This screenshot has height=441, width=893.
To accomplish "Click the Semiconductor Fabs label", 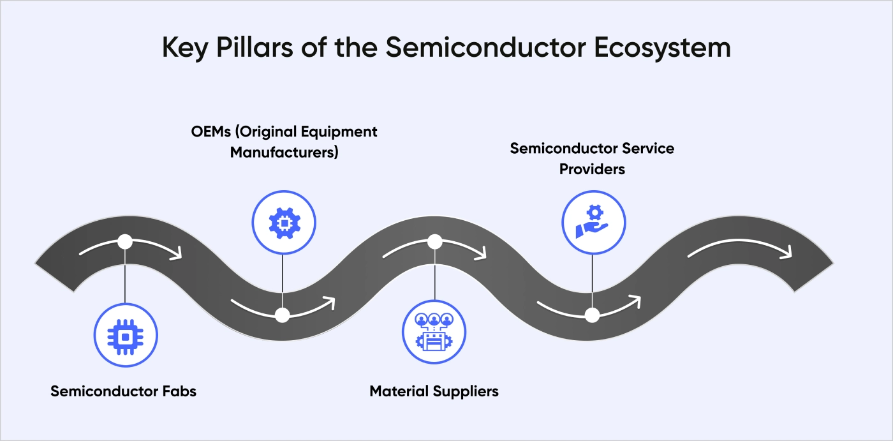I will point(123,391).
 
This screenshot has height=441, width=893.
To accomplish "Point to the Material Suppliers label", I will point(434,391).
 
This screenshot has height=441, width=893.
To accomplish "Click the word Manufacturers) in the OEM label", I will point(284,153).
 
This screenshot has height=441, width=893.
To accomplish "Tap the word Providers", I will point(592,169).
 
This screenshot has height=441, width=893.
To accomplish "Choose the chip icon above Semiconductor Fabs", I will point(125,335).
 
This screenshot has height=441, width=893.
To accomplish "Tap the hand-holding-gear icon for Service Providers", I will point(593,221).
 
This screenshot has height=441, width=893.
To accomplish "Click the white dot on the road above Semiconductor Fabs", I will point(125,242).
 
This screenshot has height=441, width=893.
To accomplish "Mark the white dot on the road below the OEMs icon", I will point(282,315).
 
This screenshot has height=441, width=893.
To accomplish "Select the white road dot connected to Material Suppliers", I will point(434,242).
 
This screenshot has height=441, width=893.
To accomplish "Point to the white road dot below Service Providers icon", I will point(593,315).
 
